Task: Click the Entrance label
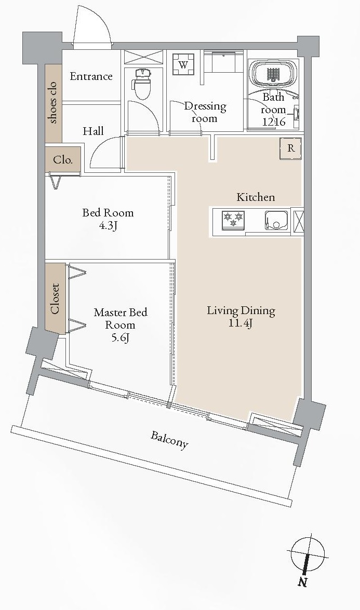tap(91, 77)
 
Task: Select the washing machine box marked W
tap(183, 65)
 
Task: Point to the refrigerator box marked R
tap(291, 148)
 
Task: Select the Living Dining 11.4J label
tap(241, 317)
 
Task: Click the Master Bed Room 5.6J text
tap(120, 325)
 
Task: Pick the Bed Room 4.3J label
tap(108, 219)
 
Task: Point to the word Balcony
tap(169, 440)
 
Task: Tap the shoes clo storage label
tap(53, 103)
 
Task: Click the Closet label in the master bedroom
tap(55, 299)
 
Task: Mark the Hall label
tap(93, 131)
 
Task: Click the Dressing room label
tap(205, 112)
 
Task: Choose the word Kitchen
tap(256, 197)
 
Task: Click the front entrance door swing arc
tap(94, 26)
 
